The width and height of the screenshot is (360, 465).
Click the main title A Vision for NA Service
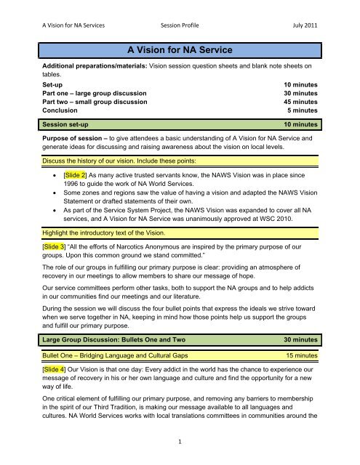pyautogui.click(x=180, y=50)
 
